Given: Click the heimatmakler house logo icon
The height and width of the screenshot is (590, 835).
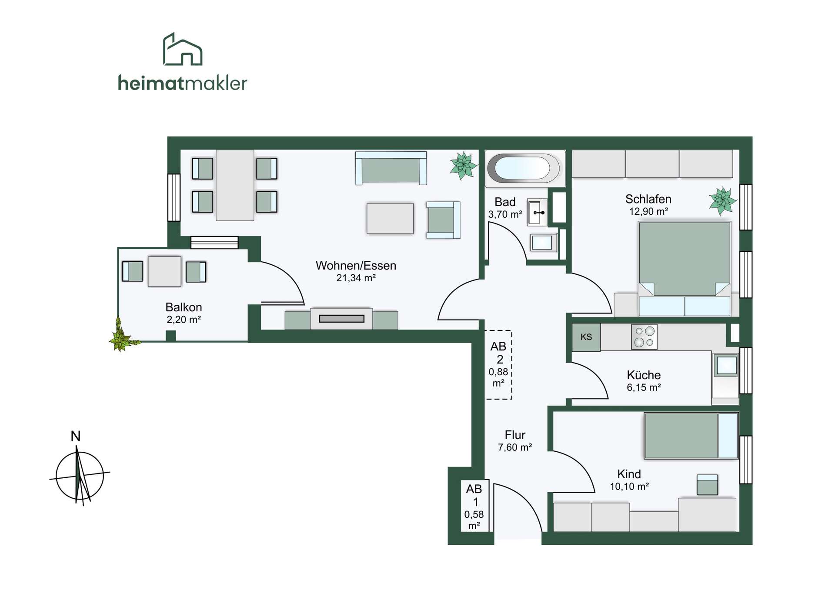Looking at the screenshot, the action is pyautogui.click(x=182, y=49).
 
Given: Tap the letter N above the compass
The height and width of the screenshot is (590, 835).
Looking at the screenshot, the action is pyautogui.click(x=76, y=436).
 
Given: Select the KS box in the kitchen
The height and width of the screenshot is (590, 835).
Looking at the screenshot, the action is pyautogui.click(x=586, y=337).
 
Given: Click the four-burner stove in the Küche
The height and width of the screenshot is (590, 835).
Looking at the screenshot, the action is pyautogui.click(x=644, y=337).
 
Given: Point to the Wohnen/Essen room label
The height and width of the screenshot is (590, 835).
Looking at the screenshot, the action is pyautogui.click(x=356, y=266).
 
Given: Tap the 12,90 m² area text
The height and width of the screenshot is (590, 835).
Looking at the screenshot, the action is pyautogui.click(x=648, y=212).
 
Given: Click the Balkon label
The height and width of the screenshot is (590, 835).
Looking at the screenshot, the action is pyautogui.click(x=184, y=307).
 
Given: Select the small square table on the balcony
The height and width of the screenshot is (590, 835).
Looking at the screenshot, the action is pyautogui.click(x=164, y=271).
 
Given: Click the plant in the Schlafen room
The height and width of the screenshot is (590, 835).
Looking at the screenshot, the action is pyautogui.click(x=723, y=201).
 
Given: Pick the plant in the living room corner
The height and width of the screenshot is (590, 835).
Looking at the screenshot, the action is pyautogui.click(x=464, y=166).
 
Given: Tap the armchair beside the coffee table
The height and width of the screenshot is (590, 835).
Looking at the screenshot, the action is pyautogui.click(x=443, y=220).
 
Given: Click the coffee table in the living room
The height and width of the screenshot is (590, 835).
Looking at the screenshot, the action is pyautogui.click(x=390, y=218).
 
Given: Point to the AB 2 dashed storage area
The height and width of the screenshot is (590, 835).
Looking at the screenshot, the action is pyautogui.click(x=499, y=365).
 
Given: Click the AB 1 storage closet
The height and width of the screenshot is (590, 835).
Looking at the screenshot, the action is pyautogui.click(x=475, y=506).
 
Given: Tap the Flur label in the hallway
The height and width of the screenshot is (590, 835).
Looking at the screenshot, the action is pyautogui.click(x=515, y=435).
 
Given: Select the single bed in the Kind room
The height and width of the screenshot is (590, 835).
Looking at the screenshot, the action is pyautogui.click(x=691, y=436).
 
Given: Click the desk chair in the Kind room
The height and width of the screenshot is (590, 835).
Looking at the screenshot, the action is pyautogui.click(x=707, y=485).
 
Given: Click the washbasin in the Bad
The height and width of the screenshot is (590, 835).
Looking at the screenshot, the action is pyautogui.click(x=538, y=213).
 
